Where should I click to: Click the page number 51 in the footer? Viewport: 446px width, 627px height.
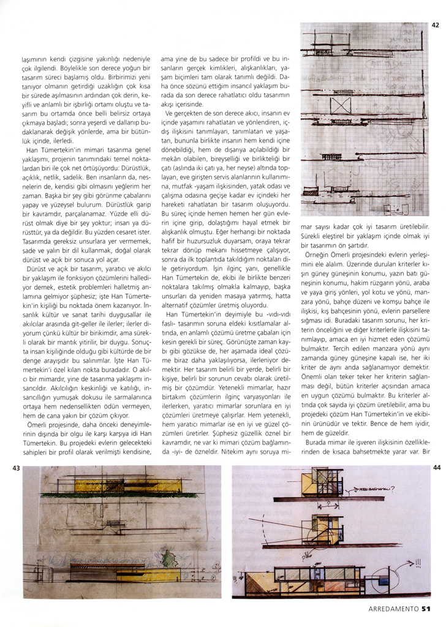point(428,609)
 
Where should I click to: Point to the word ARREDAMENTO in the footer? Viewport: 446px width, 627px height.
point(394,609)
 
